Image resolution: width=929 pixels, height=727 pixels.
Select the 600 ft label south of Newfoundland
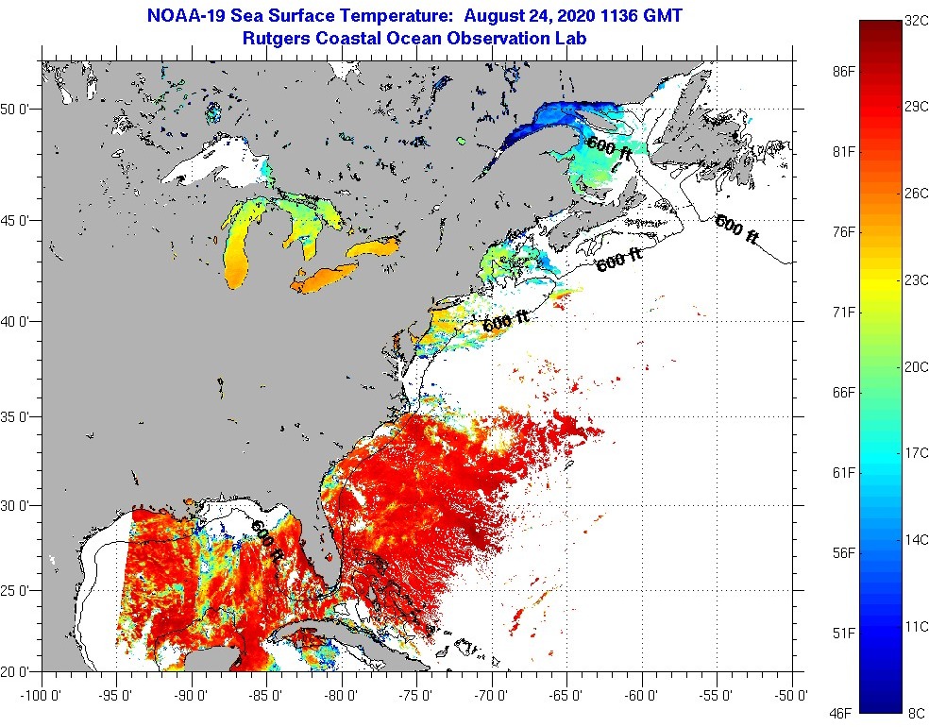point(735,228)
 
